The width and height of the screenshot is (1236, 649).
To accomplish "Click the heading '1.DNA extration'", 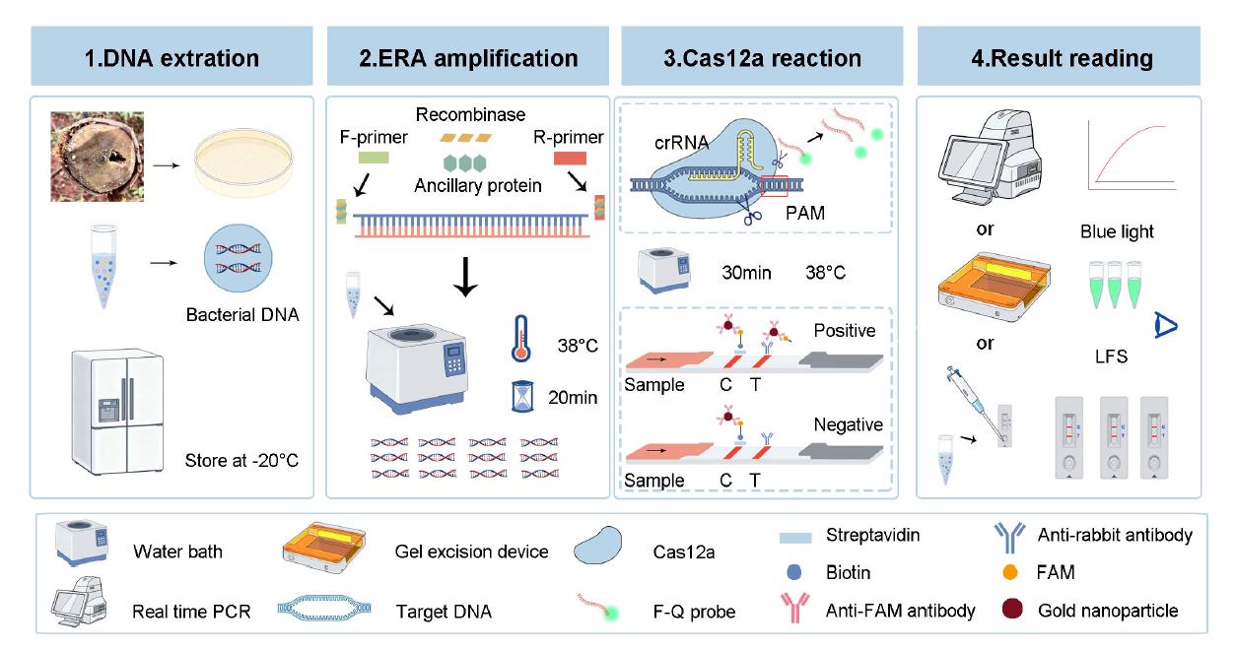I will click(x=172, y=58).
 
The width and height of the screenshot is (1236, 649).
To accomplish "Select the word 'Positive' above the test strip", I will click(x=844, y=331).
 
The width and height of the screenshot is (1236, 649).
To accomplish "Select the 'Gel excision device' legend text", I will click(x=471, y=552).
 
